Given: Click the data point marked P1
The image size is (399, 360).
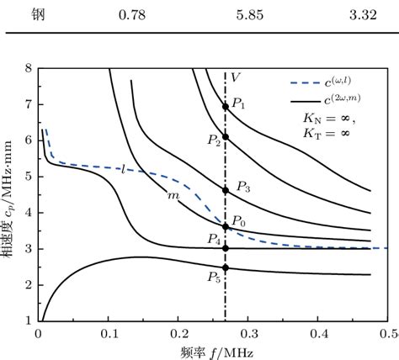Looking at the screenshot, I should coord(225,107).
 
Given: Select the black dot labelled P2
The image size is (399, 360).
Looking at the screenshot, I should coord(225,136).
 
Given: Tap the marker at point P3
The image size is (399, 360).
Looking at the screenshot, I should coord(225,190).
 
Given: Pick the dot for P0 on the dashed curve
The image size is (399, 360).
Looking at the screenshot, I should coord(225,225).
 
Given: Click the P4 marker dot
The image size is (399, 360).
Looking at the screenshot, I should coord(225,248).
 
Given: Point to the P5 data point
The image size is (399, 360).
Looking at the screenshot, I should coord(225,268).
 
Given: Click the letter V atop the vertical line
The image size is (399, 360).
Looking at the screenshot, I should coord(236,77).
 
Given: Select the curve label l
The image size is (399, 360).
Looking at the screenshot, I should coord(123,170).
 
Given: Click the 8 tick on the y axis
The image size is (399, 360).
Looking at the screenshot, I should coord(29,68).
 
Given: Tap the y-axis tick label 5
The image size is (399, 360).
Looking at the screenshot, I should coord(29,177).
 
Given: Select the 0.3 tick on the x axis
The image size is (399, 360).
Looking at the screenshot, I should coord(248,333).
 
